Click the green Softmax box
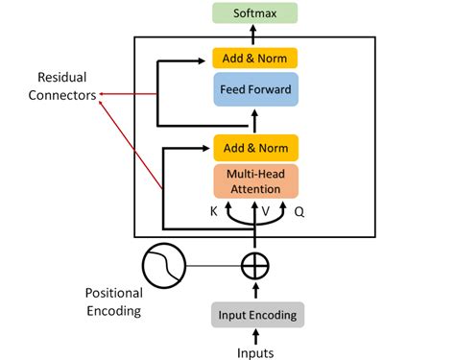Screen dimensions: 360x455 pos(255,12)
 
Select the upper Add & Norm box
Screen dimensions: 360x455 pos(255,58)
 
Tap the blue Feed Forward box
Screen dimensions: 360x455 pos(255,88)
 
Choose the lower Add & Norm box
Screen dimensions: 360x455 pos(255,148)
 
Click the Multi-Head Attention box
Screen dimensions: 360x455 pos(255,180)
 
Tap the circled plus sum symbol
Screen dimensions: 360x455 pos(255,264)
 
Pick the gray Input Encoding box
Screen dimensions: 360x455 pos(255,314)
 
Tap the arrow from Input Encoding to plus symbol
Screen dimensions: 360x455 pos(255,290)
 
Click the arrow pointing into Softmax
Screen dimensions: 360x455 pos(255,32)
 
